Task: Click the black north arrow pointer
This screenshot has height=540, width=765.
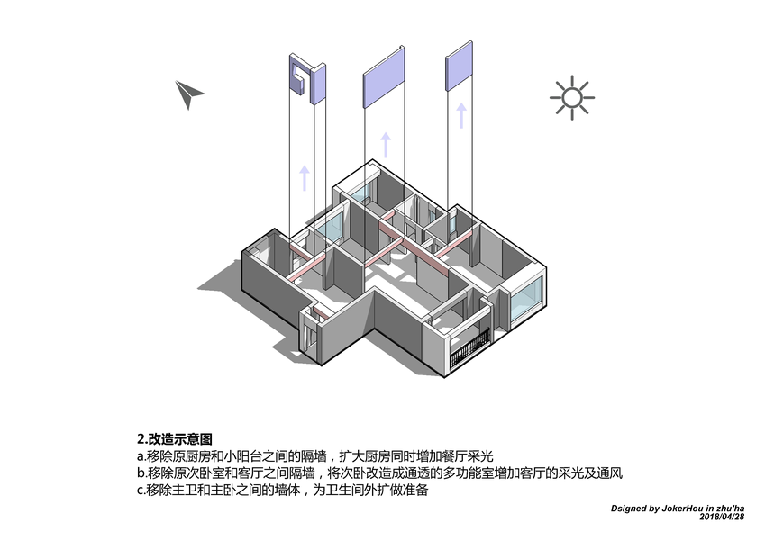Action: click(x=188, y=94)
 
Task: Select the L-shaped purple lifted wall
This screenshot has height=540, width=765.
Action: click(x=302, y=78)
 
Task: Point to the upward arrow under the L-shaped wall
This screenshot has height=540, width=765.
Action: click(x=305, y=177)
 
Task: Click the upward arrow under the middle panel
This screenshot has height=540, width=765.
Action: click(x=386, y=144)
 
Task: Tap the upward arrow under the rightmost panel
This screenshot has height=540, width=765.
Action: click(x=461, y=114)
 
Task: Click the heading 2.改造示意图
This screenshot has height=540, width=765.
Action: click(x=175, y=440)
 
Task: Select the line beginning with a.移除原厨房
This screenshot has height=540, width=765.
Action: click(x=315, y=456)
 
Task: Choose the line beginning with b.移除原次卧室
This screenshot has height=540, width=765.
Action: click(x=379, y=473)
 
